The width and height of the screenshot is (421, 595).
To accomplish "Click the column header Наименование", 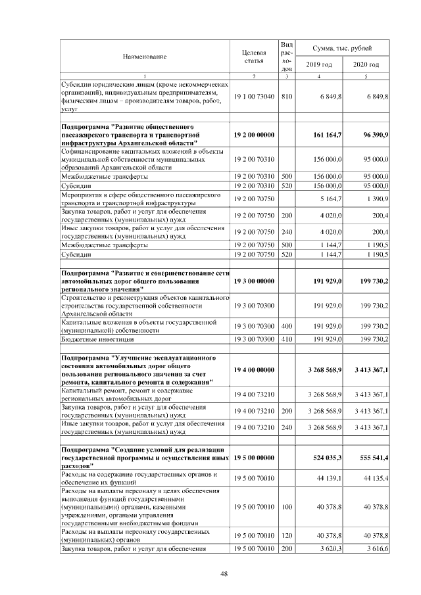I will click(143, 57).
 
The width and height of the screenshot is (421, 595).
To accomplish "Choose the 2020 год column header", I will click(366, 64).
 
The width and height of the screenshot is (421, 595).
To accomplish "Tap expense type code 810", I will click(286, 97).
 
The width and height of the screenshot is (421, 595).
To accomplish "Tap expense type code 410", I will click(286, 339).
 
